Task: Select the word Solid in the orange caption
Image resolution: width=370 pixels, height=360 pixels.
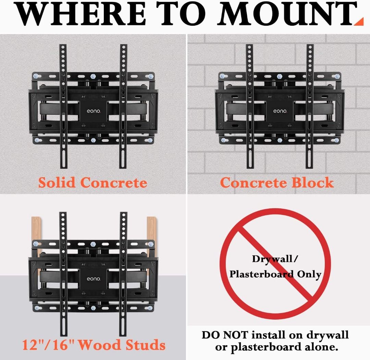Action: click(57, 183)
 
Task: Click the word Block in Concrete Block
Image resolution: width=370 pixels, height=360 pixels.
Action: click(313, 183)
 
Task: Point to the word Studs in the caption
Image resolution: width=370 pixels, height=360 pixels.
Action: click(145, 345)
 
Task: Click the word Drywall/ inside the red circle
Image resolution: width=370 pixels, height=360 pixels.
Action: click(275, 259)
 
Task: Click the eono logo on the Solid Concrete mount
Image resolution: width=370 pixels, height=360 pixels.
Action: click(94, 111)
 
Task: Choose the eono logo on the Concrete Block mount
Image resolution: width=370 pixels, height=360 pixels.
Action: click(280, 111)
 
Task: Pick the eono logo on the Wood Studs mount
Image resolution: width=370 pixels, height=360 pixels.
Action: click(94, 279)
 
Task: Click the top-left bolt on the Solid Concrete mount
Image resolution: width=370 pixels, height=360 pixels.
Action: click(36, 76)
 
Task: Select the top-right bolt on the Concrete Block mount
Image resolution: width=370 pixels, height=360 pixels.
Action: click(337, 76)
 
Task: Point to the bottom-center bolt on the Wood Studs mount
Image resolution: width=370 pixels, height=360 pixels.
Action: click(93, 308)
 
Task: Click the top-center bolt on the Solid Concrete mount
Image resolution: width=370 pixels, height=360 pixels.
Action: click(93, 76)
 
